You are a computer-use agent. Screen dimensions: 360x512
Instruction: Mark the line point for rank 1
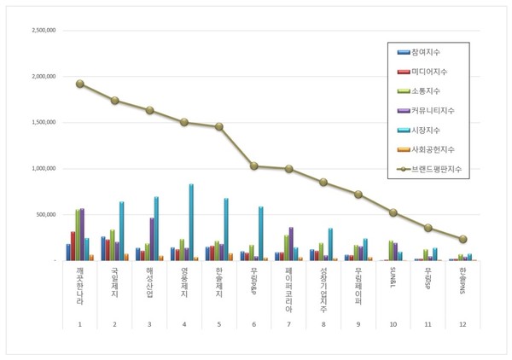tap(79, 84)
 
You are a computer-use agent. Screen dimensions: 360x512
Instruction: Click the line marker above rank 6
tap(254, 165)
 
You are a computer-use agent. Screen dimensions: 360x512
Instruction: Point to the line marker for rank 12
tap(463, 239)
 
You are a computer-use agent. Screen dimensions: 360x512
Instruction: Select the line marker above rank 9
tap(358, 195)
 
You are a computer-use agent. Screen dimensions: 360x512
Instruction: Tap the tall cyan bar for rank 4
tap(191, 222)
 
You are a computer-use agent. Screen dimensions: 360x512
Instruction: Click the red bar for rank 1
tap(73, 246)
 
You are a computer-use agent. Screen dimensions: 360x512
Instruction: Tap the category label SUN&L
tap(393, 278)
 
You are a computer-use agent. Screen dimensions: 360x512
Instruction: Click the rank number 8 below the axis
tap(323, 324)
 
